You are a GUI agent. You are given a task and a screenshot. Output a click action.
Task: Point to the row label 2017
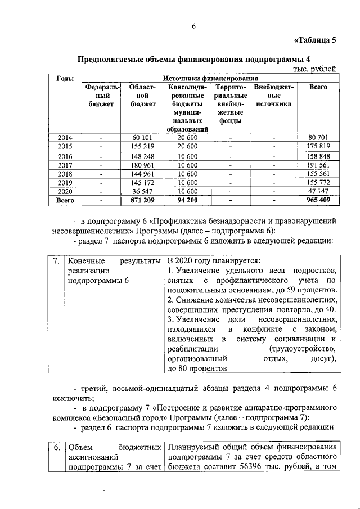[65, 165]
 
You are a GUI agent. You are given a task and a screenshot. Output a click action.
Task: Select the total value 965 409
[318, 200]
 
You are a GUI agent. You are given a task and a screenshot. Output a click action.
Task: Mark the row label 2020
[65, 191]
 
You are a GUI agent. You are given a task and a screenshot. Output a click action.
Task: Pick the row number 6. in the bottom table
[56, 447]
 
